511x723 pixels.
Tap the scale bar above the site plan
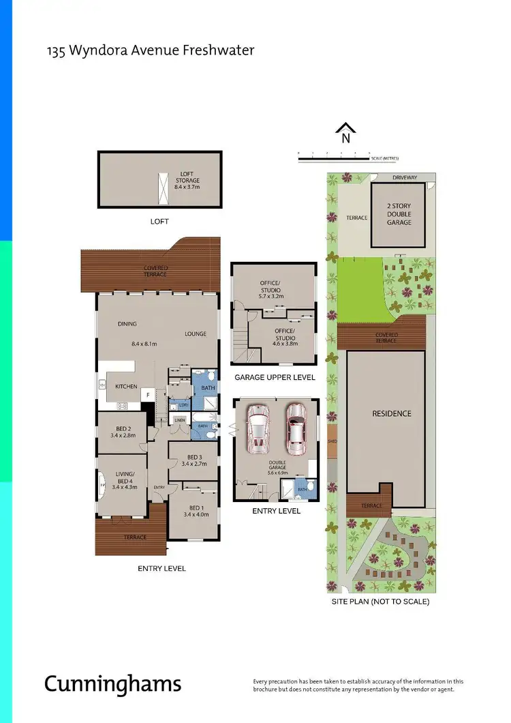(x=334, y=159)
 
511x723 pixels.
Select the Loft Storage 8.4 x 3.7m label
(x=187, y=179)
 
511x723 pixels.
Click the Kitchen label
(x=126, y=386)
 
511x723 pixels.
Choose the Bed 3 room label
(x=194, y=460)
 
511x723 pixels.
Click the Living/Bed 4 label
(x=125, y=480)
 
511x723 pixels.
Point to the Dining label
(x=127, y=324)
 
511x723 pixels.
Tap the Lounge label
(x=195, y=334)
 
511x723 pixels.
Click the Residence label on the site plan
(x=391, y=413)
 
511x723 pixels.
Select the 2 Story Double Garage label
(x=399, y=213)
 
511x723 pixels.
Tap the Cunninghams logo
(x=113, y=683)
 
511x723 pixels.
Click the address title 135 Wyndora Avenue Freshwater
(x=150, y=50)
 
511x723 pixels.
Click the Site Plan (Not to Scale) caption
(x=380, y=602)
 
